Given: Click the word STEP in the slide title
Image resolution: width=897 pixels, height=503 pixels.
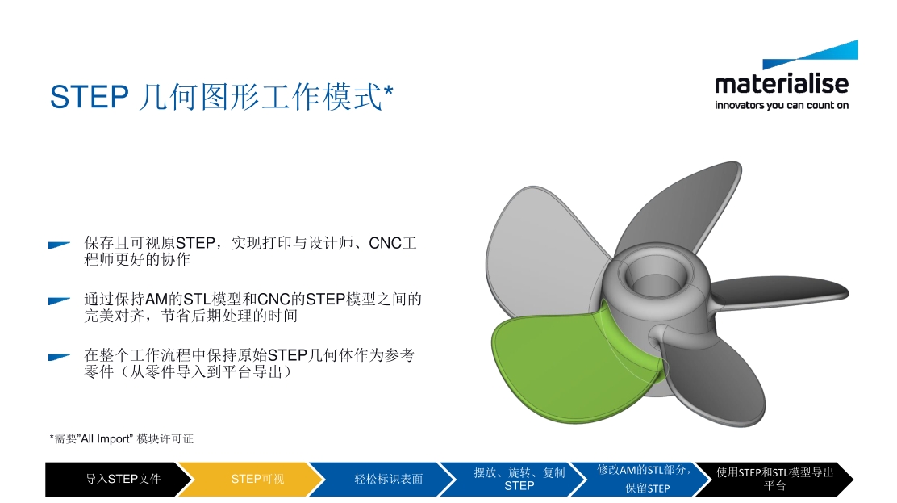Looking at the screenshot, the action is tap(90, 97).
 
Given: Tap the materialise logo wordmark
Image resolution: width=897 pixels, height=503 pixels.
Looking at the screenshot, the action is tap(782, 84).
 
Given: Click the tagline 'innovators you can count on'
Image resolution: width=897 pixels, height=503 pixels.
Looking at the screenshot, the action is tap(782, 106).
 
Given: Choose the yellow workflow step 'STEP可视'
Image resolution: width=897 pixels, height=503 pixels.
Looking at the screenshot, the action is tap(252, 479).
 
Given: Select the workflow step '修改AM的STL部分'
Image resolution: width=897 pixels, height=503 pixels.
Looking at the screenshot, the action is tap(645, 479).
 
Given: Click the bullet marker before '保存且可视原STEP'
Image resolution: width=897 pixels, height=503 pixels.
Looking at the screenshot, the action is tap(59, 245).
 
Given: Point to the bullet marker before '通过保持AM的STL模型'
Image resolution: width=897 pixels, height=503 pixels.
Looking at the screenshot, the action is tap(59, 301).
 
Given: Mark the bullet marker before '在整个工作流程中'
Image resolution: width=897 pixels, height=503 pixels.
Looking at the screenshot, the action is tap(59, 357).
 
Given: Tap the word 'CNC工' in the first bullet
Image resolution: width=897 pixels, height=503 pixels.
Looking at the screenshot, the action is tap(392, 244).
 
